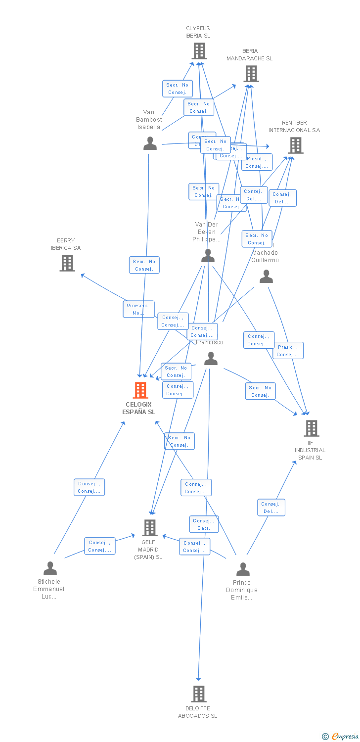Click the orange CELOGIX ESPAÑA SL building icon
point(140,390)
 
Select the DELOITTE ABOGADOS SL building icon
point(199,694)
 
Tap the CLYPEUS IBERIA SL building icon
point(199,51)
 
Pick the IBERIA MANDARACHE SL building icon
point(251,74)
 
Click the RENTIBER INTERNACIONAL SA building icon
point(295,145)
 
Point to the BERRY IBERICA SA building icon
point(67,263)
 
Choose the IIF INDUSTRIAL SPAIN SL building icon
point(311,428)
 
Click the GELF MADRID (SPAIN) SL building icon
point(150,528)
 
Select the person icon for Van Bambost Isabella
point(150,143)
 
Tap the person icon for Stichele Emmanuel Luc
point(50,568)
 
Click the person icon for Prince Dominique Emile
point(242,569)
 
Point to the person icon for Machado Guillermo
point(266,277)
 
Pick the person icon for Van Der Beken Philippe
point(208,256)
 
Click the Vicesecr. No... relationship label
point(138,309)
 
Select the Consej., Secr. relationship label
point(204,524)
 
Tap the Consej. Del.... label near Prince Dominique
point(271,508)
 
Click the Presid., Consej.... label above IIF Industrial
point(288,351)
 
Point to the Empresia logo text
point(345,737)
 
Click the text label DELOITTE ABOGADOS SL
point(197,712)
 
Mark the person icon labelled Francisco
point(211,359)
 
